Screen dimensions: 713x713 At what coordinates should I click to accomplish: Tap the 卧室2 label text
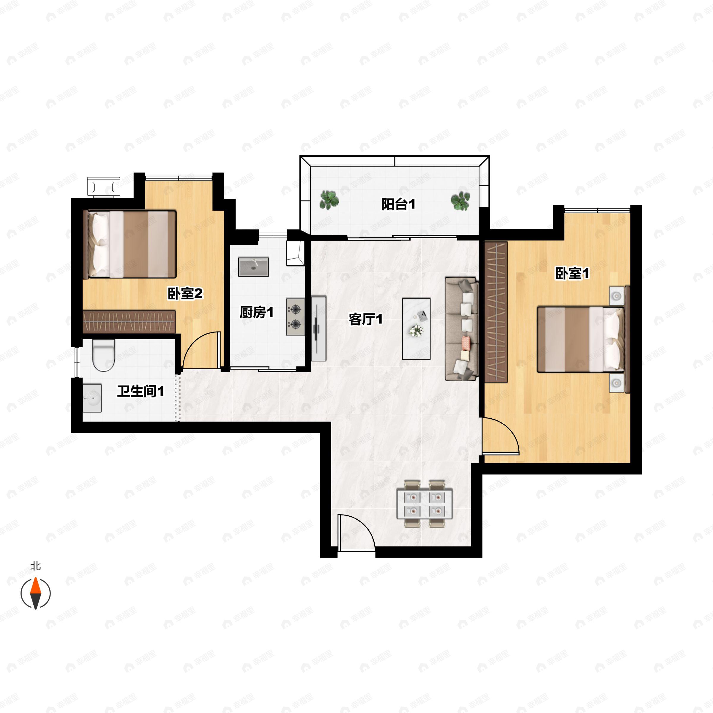point(185,294)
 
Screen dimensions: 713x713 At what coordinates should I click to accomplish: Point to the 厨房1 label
point(256,313)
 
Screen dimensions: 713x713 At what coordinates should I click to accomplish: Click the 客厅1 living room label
point(365,319)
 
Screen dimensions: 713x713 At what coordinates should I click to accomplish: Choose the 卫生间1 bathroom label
point(140,391)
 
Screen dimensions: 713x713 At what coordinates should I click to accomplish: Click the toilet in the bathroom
point(104,355)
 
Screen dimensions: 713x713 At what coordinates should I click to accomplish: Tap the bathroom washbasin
point(92,398)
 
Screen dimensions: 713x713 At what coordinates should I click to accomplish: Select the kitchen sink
point(253,267)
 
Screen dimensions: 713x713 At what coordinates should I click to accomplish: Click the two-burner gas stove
point(295,317)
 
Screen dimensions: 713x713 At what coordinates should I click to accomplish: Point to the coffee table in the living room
point(416,329)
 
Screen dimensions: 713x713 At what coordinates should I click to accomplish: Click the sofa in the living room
point(462,329)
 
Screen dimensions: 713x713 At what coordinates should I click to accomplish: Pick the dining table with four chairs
point(425,504)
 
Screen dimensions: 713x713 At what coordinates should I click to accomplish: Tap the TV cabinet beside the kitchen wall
point(318,329)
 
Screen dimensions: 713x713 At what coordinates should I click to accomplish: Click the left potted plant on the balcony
point(329,200)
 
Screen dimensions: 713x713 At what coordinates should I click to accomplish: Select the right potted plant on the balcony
point(460,201)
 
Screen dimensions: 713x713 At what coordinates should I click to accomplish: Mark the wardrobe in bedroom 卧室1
point(496,312)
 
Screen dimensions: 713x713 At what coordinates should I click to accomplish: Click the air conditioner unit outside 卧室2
point(104,186)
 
